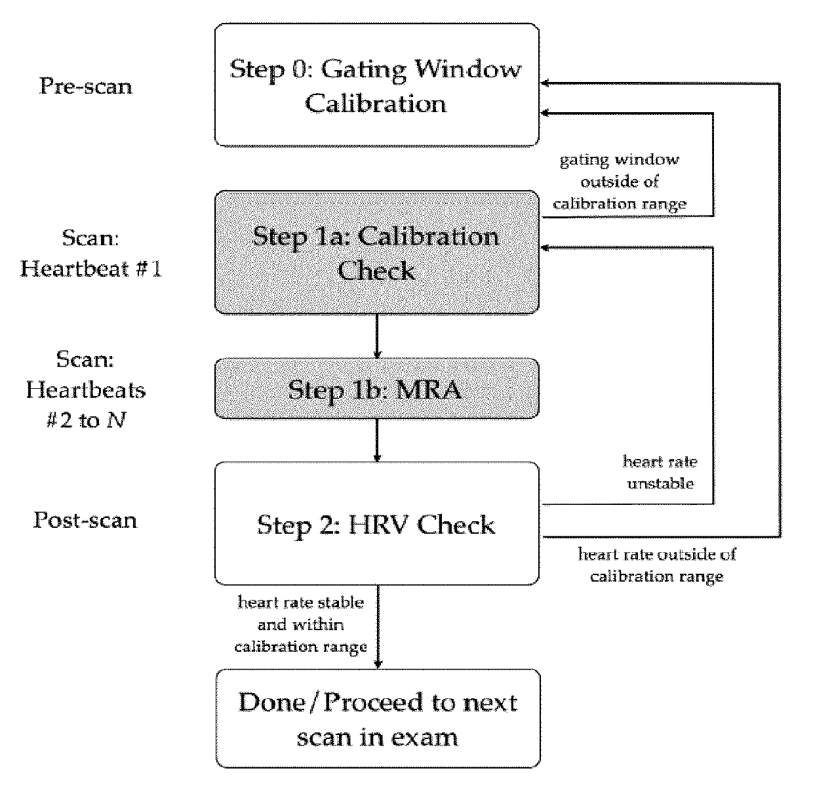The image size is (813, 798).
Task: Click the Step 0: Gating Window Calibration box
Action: [377, 85]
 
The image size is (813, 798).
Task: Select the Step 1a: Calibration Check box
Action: [377, 252]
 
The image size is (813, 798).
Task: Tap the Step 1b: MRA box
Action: [377, 389]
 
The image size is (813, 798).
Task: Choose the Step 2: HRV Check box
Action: [377, 524]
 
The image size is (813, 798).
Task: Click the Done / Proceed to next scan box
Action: [378, 718]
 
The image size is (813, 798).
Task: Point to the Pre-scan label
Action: [86, 87]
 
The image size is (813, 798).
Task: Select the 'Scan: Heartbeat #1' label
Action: [90, 253]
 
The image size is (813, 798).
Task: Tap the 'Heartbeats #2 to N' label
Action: [86, 405]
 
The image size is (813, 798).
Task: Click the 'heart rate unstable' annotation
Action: [660, 472]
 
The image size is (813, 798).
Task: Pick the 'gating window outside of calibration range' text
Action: [620, 182]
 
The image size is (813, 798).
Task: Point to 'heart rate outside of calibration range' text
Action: [657, 565]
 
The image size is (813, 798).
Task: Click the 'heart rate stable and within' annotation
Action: [301, 613]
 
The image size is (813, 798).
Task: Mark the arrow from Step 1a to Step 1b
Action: [377, 336]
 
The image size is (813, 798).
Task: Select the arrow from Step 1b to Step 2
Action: [377, 440]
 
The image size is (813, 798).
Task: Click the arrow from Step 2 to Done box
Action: [378, 627]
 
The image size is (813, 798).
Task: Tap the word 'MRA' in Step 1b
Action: [429, 389]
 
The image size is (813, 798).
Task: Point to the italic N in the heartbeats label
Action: [116, 420]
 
